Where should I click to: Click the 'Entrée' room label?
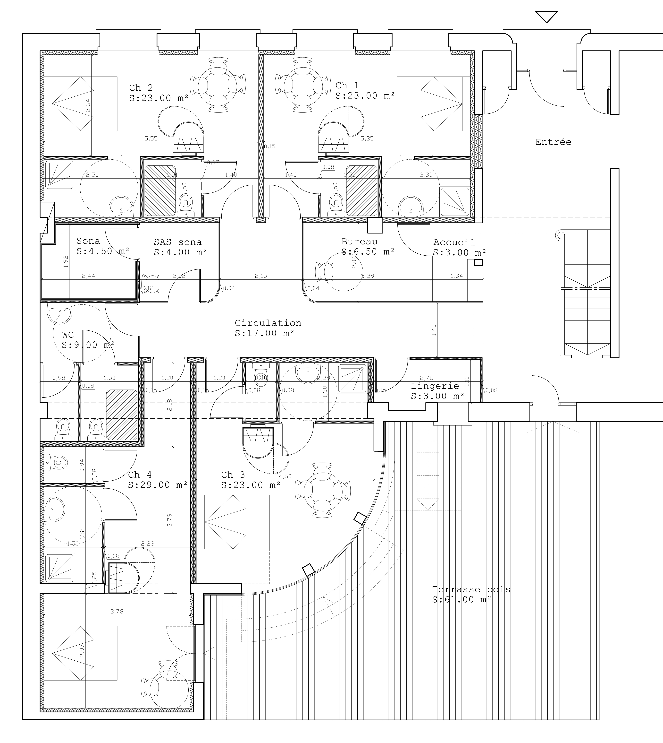553,142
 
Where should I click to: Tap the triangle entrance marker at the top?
546,16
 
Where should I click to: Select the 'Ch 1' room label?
347,86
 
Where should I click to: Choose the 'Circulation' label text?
268,323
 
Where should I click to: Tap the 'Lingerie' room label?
435,386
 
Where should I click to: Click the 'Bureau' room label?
359,242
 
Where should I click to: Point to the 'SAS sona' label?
177,242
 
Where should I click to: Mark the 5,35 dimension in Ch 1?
367,138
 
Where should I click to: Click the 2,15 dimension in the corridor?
261,276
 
